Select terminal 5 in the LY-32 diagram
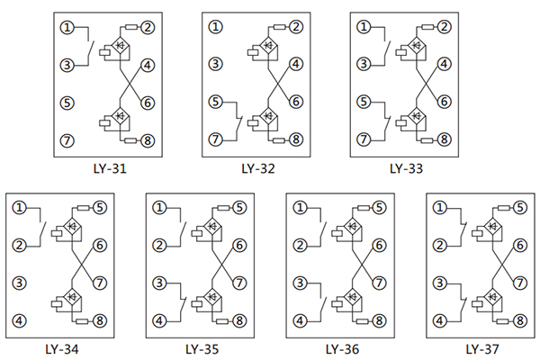tap(215, 103)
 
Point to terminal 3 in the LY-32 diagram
tap(215, 64)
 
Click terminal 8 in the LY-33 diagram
tap(444, 140)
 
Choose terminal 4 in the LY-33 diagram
tap(444, 64)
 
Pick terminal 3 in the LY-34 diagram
tap(19, 283)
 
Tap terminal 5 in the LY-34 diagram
tap(99, 208)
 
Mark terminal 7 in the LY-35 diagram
tap(239, 283)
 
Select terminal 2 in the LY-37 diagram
tap(439, 245)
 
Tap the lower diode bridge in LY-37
tap(492, 295)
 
